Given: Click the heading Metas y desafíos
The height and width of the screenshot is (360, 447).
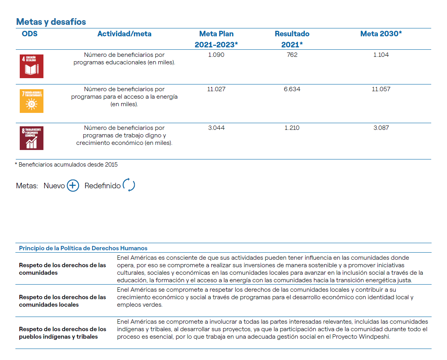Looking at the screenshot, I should point(51,22).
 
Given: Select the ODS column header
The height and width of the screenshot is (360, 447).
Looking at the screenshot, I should point(30,34).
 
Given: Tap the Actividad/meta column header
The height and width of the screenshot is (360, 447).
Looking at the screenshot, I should point(124,34).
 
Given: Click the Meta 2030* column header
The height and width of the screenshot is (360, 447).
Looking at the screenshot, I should point(381,34).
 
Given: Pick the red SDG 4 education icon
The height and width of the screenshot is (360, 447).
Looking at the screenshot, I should point(32,66).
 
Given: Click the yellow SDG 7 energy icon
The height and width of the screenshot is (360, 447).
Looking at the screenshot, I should point(32,101).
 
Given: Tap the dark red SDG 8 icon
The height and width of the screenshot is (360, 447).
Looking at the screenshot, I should point(32,138).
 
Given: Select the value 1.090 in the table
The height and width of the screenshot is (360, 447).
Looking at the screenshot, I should point(216,55).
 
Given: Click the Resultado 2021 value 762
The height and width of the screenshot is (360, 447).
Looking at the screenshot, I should point(292,55).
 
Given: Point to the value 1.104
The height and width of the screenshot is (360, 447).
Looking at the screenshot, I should point(381,55).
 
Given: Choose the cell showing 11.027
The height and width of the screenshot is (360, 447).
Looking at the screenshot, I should point(216,89).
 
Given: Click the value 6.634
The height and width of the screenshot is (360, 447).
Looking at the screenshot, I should point(292,89).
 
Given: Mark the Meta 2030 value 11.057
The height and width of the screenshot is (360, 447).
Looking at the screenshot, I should point(381,89).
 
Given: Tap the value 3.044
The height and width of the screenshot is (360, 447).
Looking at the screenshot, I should point(216,128).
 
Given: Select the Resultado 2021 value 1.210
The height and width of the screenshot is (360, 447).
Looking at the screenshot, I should point(292,128).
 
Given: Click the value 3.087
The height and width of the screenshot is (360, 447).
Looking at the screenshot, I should point(381,128).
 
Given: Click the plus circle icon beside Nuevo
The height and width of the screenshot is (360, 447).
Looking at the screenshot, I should point(73,186).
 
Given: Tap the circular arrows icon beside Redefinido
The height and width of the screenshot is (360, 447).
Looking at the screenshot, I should point(129,185).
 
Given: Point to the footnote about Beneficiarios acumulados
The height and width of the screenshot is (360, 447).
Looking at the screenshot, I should point(66,165).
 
